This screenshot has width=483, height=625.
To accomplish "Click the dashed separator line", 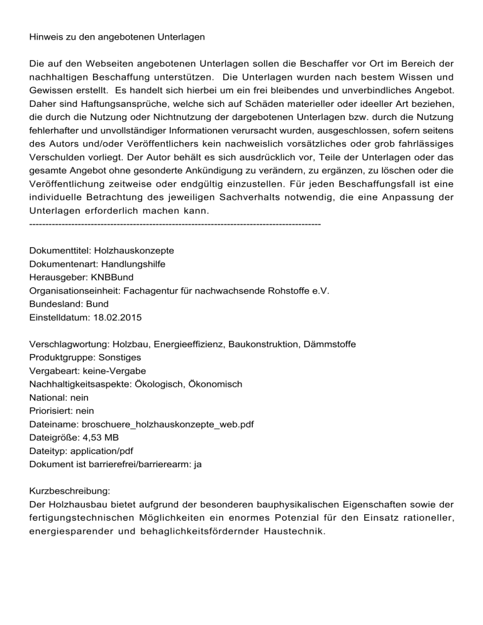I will click(x=175, y=223).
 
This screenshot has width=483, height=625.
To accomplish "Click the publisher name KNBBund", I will click(x=112, y=277).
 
